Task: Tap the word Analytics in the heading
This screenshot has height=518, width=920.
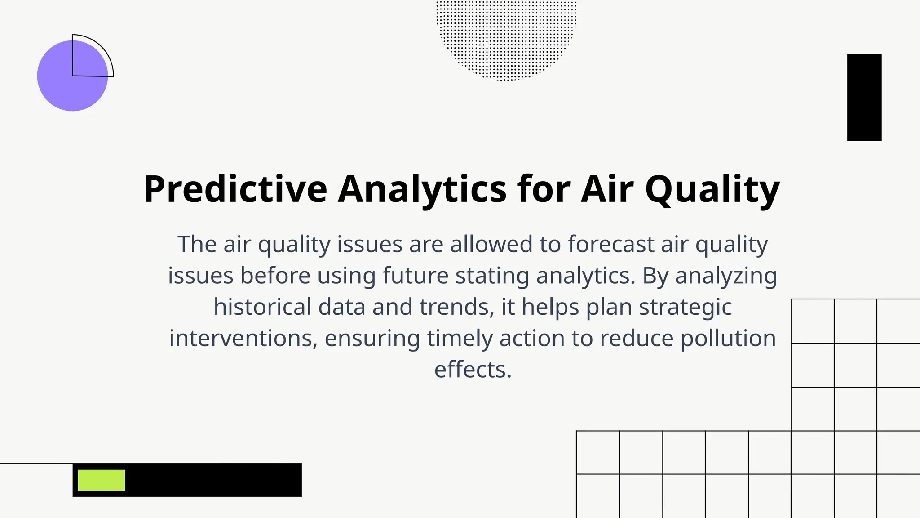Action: point(422,189)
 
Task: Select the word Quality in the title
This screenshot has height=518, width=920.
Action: point(712,189)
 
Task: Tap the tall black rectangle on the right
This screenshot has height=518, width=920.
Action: point(864,98)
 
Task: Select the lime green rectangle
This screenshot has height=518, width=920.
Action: point(102,480)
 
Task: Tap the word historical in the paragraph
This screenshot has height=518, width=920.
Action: point(262,307)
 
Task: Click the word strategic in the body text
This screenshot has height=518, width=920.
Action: point(686,307)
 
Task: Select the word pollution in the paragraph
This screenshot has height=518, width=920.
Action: point(728,338)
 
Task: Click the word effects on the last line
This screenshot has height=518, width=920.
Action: point(473,370)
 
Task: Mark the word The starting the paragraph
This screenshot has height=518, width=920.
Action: point(197,244)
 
